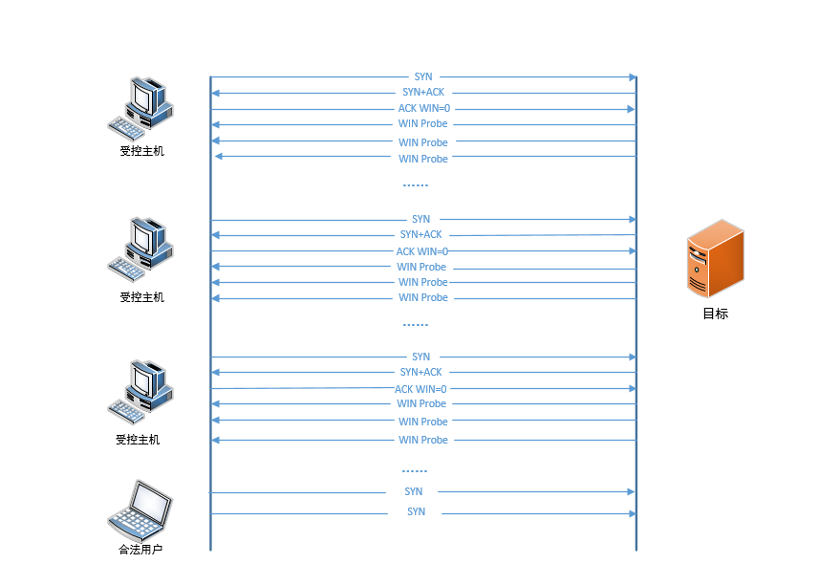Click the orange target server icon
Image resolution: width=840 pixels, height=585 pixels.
(x=715, y=258)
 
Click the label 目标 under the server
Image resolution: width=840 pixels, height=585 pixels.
(x=715, y=314)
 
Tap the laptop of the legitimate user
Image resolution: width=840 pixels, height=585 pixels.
(x=140, y=512)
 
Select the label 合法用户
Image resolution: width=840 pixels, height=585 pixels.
(x=140, y=550)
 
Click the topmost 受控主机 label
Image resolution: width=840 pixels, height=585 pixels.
(x=141, y=150)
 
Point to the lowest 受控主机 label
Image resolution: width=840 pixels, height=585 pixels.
(x=138, y=440)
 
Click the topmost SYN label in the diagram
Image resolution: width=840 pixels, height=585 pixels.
(x=422, y=76)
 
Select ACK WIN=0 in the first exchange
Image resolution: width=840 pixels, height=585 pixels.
(x=423, y=109)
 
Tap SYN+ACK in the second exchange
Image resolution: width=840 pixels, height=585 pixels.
(x=420, y=234)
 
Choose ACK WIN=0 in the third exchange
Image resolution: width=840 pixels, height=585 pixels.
(x=420, y=389)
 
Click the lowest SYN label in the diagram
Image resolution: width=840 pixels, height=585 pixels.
(x=416, y=512)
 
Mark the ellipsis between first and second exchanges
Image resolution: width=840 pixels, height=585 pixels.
(x=415, y=184)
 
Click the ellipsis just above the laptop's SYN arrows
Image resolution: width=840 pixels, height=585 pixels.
(x=415, y=470)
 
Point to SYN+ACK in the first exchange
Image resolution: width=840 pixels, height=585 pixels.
(x=423, y=93)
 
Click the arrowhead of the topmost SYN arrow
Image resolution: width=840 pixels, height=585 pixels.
(x=632, y=76)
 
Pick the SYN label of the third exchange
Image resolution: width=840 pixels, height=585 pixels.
(x=420, y=357)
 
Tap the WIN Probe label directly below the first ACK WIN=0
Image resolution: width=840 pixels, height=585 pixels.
(x=422, y=124)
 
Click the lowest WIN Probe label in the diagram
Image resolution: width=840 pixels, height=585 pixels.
(x=422, y=440)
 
